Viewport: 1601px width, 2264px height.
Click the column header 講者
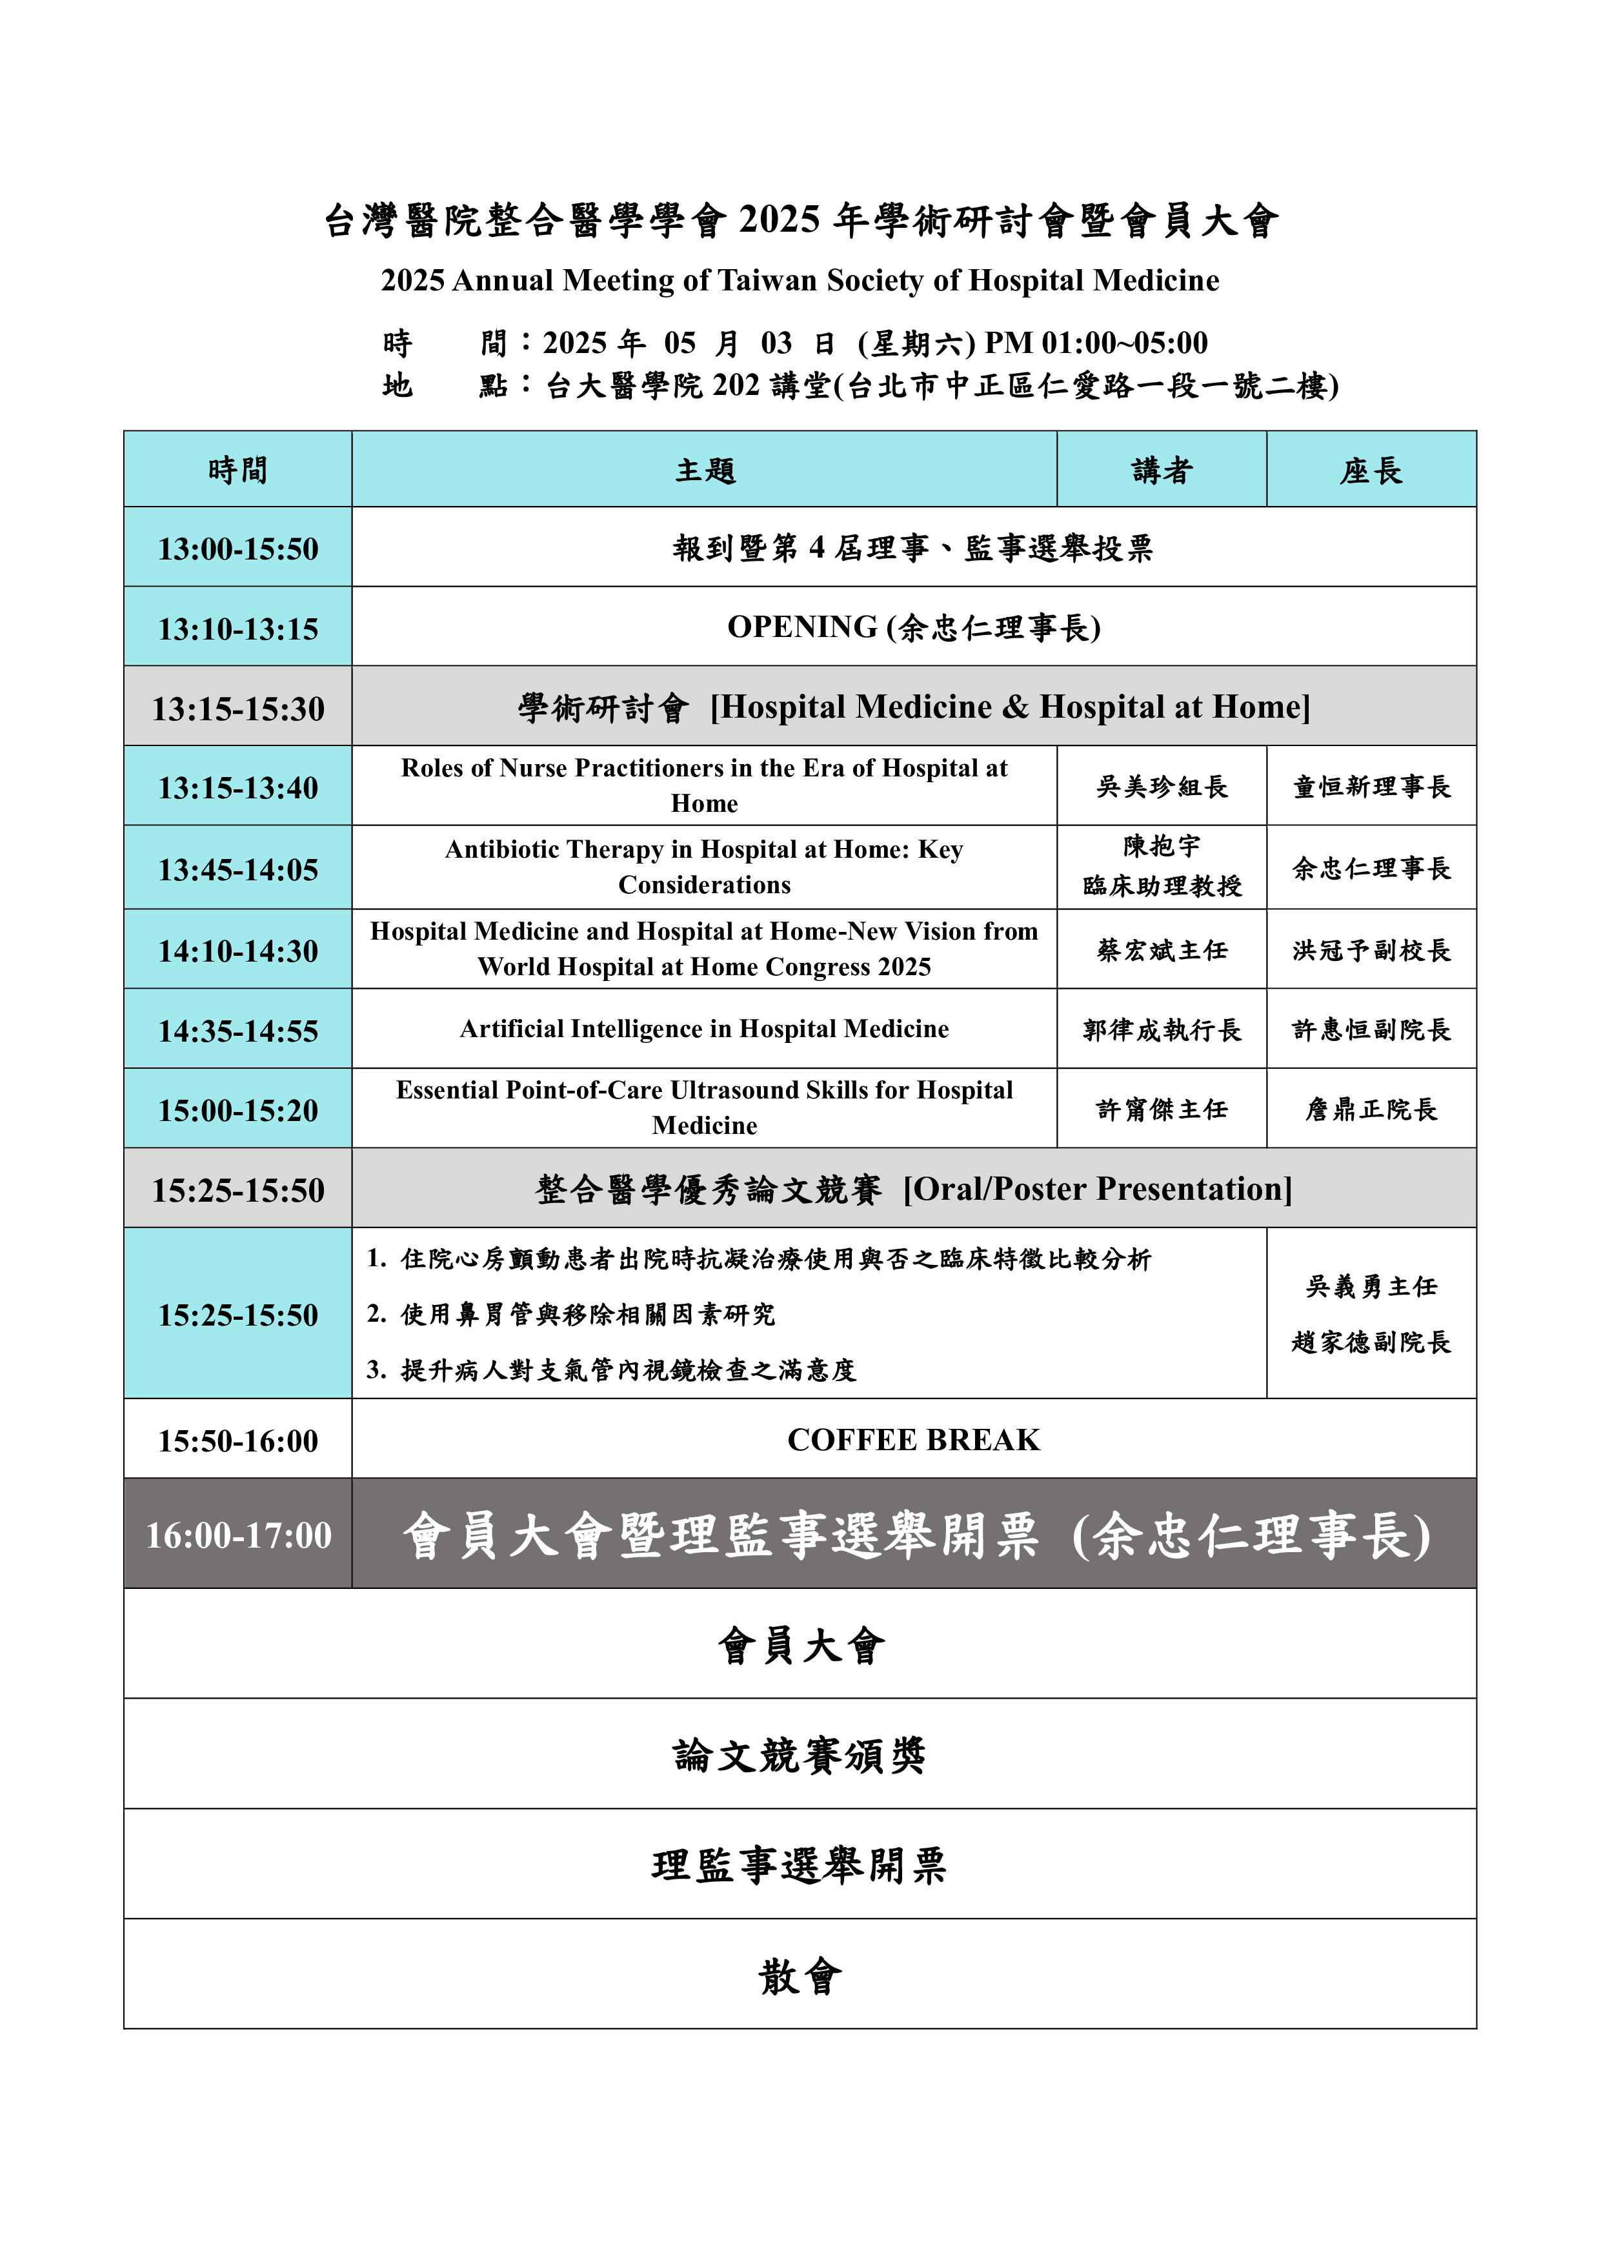pos(1162,470)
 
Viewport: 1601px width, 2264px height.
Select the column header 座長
pos(1371,470)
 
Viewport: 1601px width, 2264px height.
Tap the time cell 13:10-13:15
pos(237,628)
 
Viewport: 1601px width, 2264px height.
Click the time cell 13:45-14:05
pos(237,869)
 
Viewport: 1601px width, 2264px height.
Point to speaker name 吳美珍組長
pos(1162,786)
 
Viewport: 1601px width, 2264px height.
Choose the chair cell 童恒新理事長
pos(1371,786)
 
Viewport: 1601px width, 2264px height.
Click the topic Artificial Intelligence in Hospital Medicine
pos(704,1029)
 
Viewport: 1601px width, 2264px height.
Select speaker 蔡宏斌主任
pos(1162,949)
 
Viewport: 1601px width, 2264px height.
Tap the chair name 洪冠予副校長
pos(1371,949)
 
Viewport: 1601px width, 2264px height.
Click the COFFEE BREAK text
pos(913,1440)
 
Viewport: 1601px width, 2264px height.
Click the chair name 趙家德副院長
pos(1371,1341)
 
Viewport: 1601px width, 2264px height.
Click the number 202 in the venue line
pos(736,385)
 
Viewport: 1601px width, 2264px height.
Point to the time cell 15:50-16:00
pos(237,1440)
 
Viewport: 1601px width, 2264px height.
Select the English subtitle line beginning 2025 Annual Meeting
pos(800,281)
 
